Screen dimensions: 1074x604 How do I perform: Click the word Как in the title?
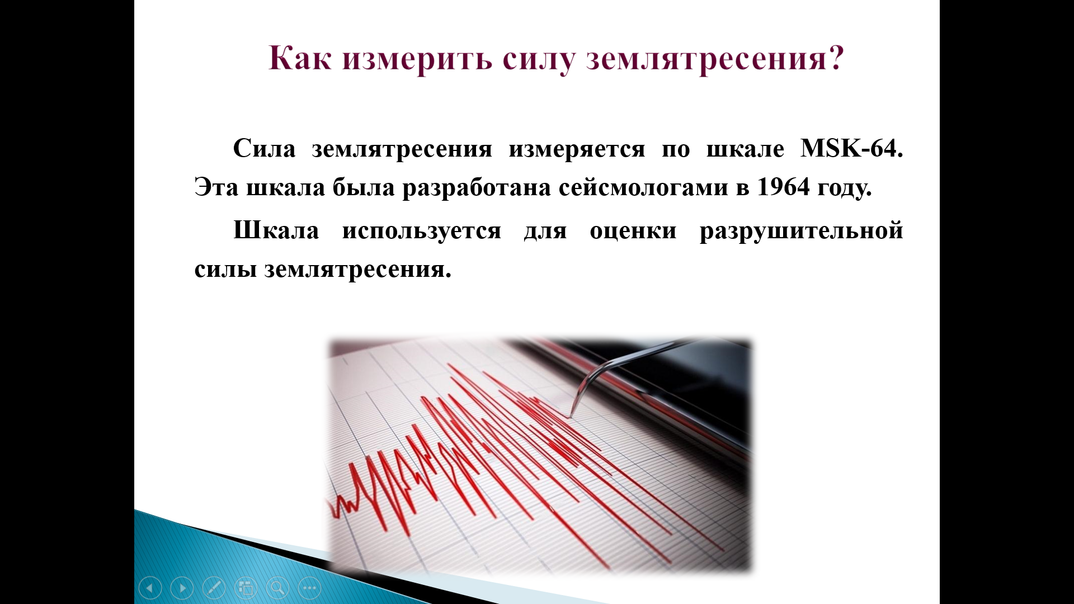(x=300, y=58)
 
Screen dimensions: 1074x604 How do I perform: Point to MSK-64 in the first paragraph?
(x=851, y=149)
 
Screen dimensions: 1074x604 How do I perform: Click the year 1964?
(x=783, y=187)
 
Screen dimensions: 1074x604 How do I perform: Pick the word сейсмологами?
(x=643, y=188)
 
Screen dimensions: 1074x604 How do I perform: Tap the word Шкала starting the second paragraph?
(x=276, y=230)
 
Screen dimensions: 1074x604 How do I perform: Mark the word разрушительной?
(x=801, y=232)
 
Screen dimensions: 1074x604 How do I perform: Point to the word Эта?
(x=216, y=187)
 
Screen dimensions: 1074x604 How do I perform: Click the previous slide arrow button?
(x=150, y=588)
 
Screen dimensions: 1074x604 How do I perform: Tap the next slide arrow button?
(x=182, y=588)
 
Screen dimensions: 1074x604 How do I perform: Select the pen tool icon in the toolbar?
(x=214, y=588)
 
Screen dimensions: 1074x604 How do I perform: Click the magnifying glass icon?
(x=277, y=588)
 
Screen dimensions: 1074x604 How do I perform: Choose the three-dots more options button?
(x=310, y=588)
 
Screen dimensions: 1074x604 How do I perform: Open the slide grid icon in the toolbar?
(x=246, y=588)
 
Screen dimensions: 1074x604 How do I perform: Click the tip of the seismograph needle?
(x=570, y=417)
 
